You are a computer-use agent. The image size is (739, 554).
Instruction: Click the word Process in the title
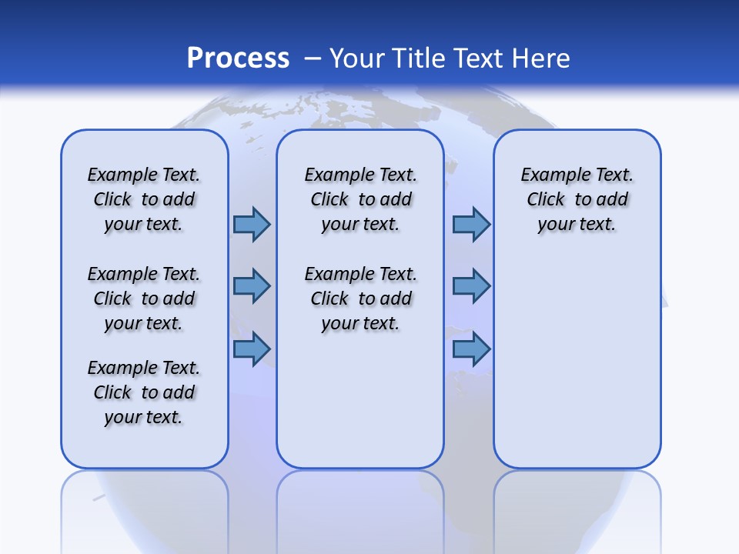point(238,58)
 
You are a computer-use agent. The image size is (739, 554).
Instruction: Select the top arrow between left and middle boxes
point(252,224)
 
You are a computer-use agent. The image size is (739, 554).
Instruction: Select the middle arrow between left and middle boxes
point(252,286)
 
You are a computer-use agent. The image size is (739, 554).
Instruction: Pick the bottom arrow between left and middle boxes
point(252,349)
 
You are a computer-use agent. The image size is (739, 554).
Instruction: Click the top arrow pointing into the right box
point(471,224)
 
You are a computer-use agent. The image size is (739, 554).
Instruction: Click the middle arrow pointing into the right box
point(471,286)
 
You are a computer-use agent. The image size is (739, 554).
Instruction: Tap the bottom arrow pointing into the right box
point(471,349)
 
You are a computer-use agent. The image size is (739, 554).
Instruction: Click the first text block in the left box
point(144,199)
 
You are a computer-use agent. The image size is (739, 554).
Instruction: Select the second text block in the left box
point(144,299)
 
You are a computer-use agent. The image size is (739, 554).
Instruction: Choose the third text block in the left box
point(144,392)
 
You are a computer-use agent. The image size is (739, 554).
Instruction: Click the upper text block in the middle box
point(360,199)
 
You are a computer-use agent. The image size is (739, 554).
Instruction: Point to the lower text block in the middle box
point(360,299)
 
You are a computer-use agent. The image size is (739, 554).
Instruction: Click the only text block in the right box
point(577,199)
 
